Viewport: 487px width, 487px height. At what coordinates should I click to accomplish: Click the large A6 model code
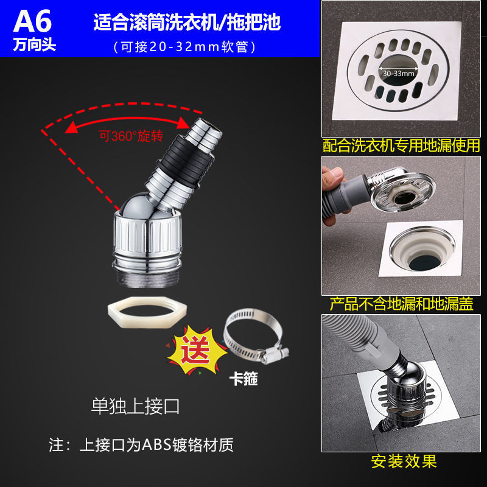32,21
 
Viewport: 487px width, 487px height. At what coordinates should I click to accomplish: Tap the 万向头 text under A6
35,44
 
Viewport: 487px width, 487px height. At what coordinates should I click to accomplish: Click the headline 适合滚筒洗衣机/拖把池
187,23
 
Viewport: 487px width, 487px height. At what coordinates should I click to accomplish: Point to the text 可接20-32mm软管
184,47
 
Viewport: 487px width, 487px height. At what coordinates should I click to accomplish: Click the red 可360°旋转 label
131,136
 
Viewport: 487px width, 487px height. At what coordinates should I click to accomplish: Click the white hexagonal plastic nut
147,312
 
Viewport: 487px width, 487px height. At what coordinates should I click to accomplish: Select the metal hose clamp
254,335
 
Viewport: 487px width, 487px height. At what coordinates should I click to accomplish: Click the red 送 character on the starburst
195,350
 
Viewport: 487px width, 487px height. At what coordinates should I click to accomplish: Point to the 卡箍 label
243,379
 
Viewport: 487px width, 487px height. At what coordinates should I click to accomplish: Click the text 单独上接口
135,406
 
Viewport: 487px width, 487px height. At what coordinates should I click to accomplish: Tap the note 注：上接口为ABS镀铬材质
141,445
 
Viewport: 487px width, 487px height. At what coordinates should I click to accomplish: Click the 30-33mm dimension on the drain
399,74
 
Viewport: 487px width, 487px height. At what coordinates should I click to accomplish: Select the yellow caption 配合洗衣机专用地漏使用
401,145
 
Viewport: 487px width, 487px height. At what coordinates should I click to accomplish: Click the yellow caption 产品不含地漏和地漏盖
401,304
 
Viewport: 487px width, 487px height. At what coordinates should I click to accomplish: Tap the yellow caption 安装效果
404,461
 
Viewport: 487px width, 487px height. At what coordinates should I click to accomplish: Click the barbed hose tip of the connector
205,134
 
